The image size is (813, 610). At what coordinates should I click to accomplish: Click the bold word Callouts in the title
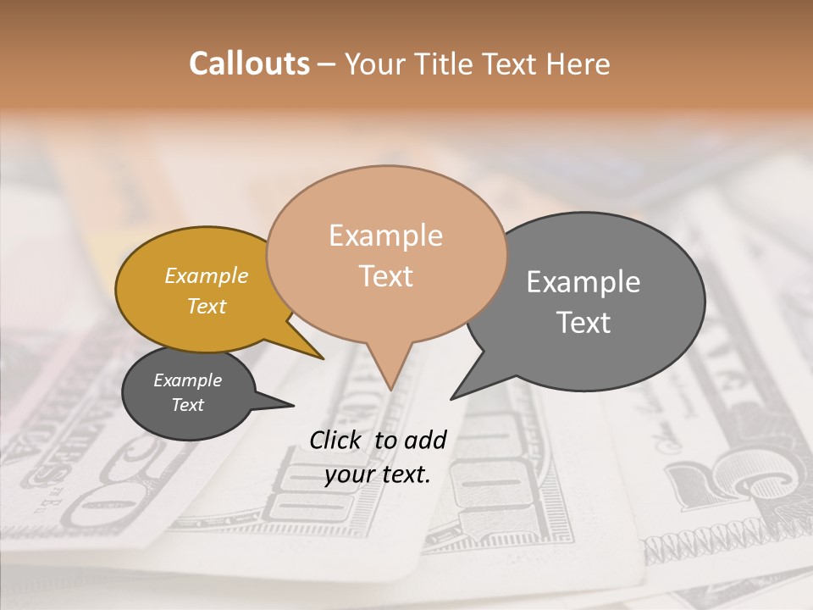[x=249, y=64]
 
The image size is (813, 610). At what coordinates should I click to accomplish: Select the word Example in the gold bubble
[x=207, y=276]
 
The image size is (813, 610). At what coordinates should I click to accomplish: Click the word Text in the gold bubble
[x=207, y=306]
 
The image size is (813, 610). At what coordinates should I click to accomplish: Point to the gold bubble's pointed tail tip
[x=324, y=359]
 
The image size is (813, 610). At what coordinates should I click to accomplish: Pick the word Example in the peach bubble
[x=385, y=236]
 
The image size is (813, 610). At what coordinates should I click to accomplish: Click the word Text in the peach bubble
[x=385, y=276]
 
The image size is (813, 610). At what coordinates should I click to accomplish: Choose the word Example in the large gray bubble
[x=583, y=282]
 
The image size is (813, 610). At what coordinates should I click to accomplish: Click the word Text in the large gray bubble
[x=583, y=323]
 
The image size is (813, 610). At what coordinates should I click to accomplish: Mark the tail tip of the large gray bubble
[x=451, y=399]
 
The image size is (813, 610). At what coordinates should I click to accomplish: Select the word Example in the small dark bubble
[x=187, y=380]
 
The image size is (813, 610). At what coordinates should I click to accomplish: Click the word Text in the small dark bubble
[x=187, y=405]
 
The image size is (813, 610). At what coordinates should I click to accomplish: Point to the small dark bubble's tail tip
[x=293, y=405]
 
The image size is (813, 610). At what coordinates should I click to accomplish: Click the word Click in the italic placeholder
[x=337, y=440]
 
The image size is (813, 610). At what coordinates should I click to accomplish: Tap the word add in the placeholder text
[x=425, y=440]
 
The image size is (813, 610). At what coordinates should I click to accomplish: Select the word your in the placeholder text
[x=348, y=474]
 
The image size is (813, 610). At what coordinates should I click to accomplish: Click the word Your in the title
[x=374, y=64]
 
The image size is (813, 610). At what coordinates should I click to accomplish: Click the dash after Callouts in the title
[x=327, y=64]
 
